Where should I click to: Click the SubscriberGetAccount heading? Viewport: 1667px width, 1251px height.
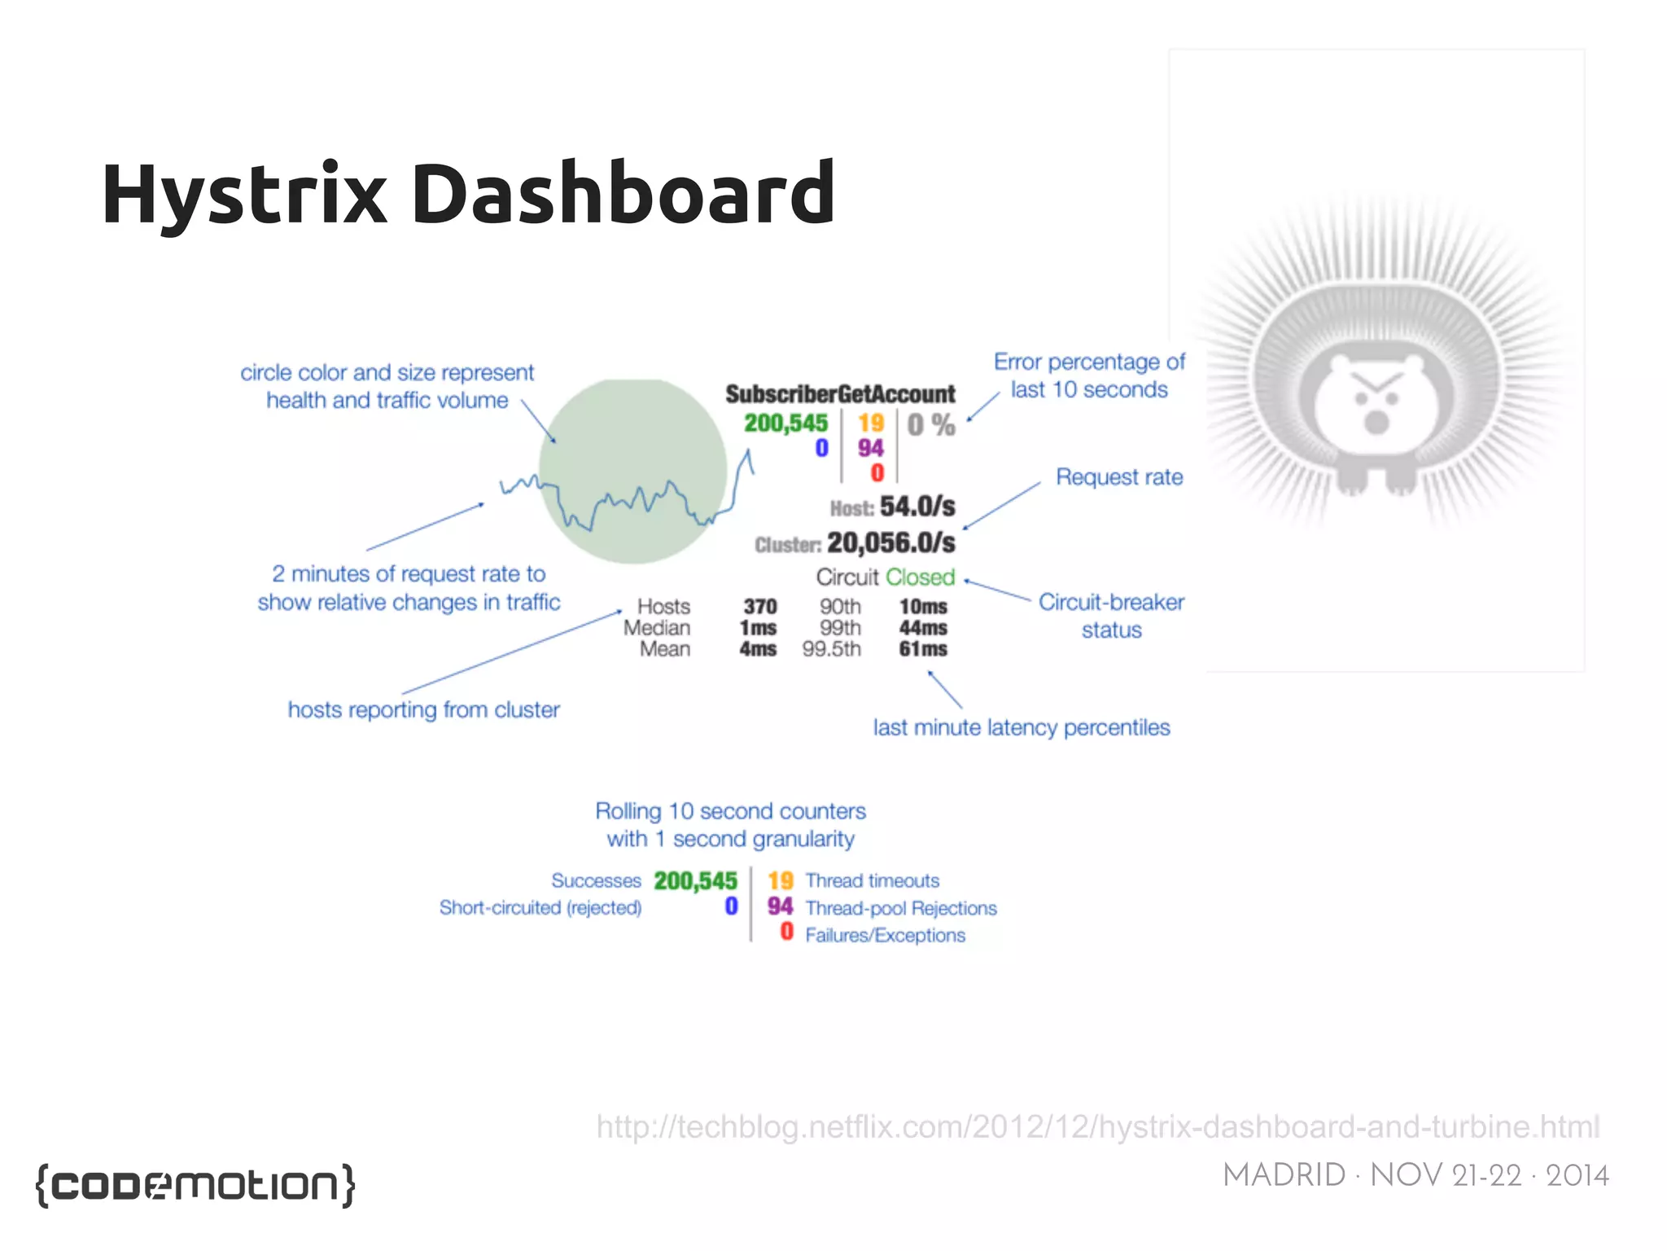coord(839,394)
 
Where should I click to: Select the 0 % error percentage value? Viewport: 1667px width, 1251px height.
coord(930,424)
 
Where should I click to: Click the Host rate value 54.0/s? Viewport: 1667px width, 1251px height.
coord(917,506)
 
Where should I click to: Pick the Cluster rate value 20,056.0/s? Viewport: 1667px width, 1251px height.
coord(890,542)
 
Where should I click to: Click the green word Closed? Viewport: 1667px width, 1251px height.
coord(920,577)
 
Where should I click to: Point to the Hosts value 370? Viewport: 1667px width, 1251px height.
coord(759,607)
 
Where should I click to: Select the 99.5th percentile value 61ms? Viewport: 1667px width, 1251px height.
coord(922,649)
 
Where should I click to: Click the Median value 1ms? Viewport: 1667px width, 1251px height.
coord(757,628)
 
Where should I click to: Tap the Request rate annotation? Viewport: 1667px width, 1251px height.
coord(1118,477)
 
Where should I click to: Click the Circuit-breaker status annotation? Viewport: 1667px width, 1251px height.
coord(1110,616)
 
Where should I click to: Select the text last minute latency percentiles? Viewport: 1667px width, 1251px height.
coord(1021,727)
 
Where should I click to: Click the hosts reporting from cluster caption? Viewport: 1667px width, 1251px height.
coord(423,709)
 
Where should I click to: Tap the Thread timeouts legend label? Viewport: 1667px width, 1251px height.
coord(872,880)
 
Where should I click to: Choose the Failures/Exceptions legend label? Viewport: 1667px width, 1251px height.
coord(885,935)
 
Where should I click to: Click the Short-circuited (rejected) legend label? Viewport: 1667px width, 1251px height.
coord(540,907)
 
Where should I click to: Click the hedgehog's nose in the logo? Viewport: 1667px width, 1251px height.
coord(1376,422)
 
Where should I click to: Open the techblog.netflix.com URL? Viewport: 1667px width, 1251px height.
coord(1097,1126)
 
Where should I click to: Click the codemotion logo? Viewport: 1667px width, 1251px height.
coord(195,1184)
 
